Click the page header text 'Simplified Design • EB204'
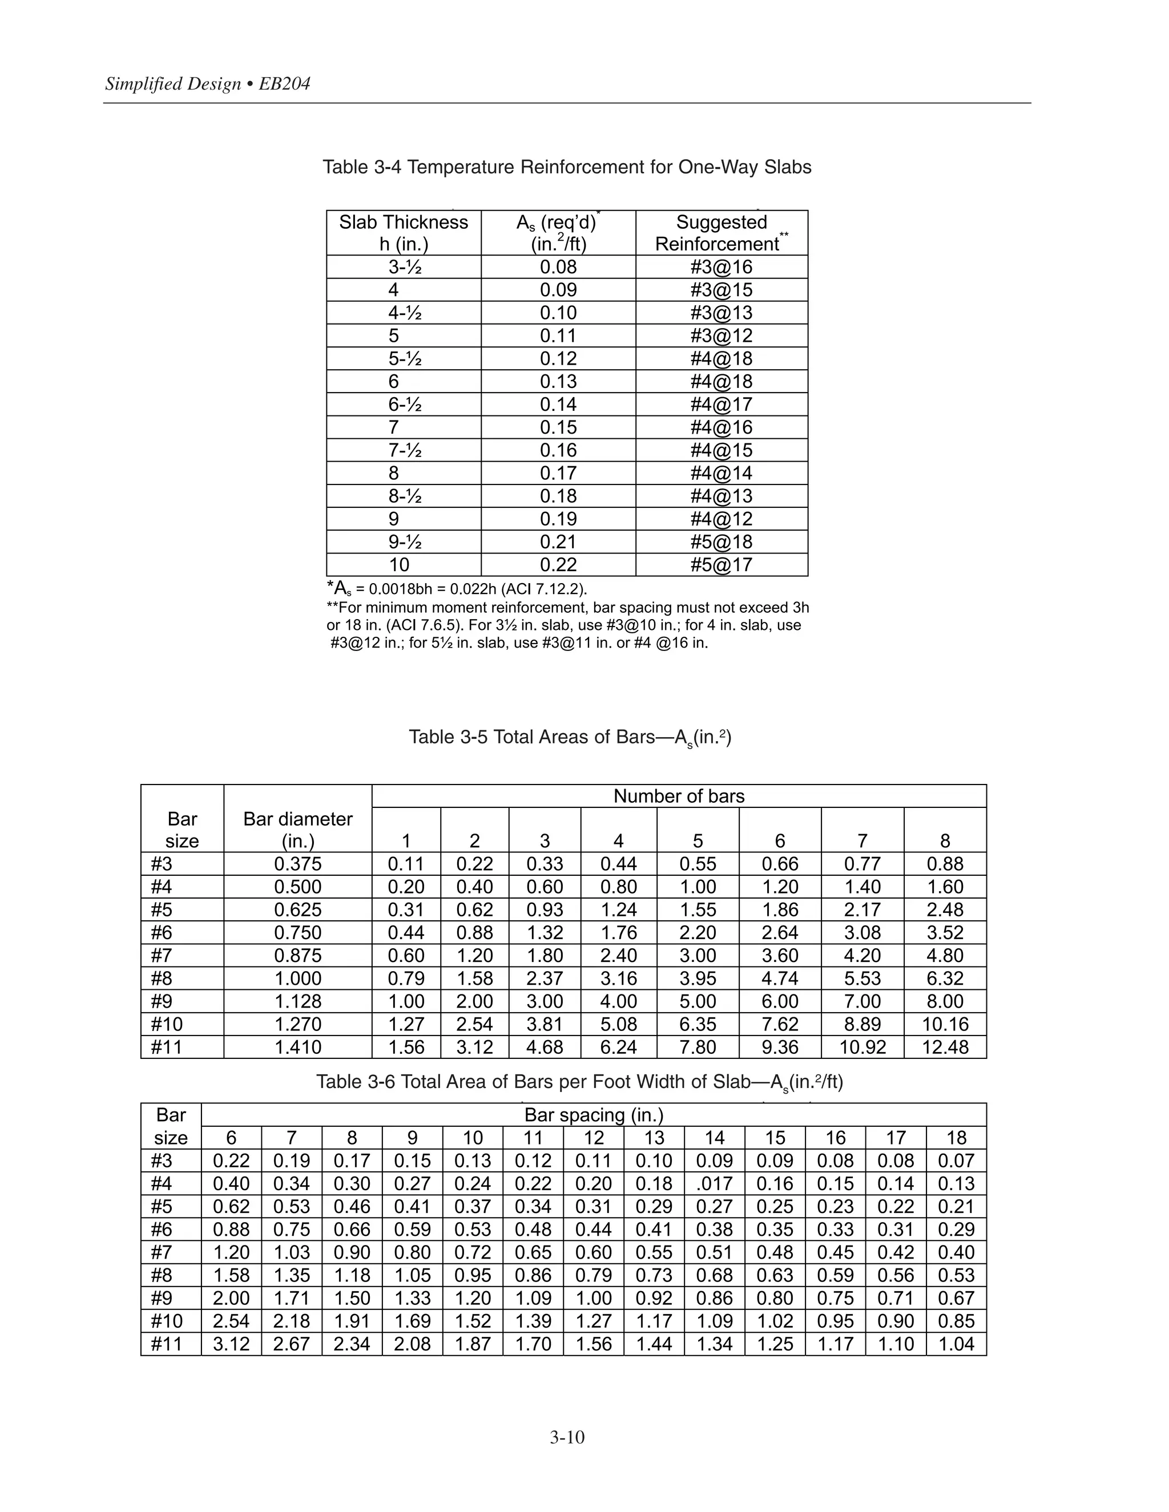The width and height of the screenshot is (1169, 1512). click(208, 84)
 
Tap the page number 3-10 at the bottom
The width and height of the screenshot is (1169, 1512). click(567, 1437)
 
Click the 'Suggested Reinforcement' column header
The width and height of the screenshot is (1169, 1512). click(721, 233)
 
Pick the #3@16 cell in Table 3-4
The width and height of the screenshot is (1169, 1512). click(721, 267)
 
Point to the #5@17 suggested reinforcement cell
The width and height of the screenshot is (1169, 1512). click(721, 565)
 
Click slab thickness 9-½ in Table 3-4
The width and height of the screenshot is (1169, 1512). click(405, 542)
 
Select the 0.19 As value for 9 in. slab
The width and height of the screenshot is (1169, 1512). click(558, 519)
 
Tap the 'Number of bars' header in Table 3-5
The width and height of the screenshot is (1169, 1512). click(679, 796)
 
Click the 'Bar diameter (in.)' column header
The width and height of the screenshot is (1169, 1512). click(298, 830)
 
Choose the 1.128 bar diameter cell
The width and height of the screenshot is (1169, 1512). click(298, 1001)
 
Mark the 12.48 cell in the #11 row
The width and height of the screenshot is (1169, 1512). click(945, 1047)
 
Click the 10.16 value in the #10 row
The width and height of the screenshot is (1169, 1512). click(945, 1024)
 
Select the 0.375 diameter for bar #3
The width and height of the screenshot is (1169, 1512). click(298, 864)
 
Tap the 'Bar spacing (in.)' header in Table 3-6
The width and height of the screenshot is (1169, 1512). click(594, 1115)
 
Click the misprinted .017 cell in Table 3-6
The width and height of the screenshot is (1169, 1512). click(714, 1184)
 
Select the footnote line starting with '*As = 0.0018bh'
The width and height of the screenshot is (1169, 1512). click(457, 589)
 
